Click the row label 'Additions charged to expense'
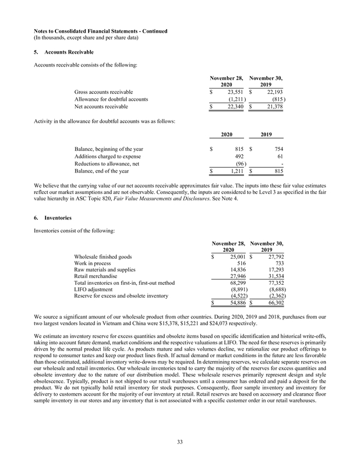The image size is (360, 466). tap(107, 156)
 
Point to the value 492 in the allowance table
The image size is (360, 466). tap(238, 156)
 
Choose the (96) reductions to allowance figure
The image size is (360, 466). tap(237, 163)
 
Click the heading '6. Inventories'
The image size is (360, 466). tap(52, 218)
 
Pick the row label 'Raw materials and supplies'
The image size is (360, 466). tap(105, 270)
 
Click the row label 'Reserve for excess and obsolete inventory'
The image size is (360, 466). tap(125, 296)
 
